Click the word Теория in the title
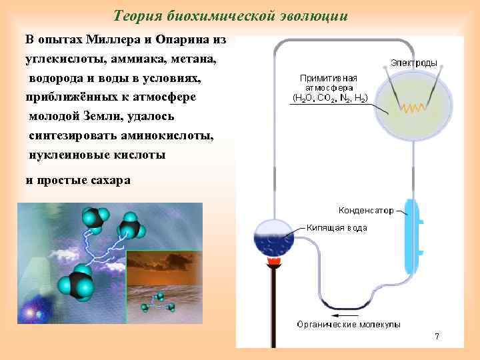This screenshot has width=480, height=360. click(x=134, y=15)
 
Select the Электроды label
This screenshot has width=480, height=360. click(x=413, y=63)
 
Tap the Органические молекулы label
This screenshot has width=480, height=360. click(x=349, y=325)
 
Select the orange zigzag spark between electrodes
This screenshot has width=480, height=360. click(x=414, y=105)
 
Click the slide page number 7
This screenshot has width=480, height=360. click(x=437, y=337)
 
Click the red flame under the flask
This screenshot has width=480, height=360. click(x=272, y=262)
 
